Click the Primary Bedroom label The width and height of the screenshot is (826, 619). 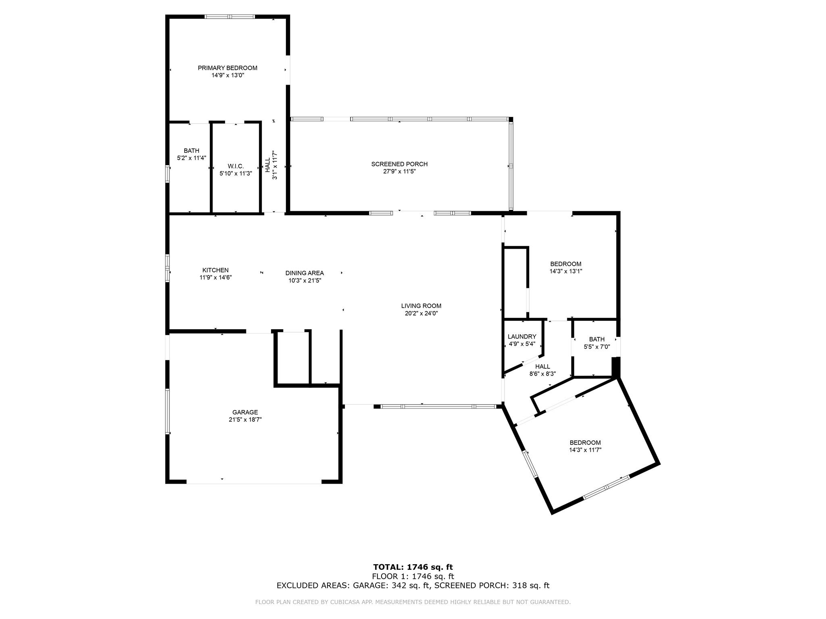[x=227, y=68]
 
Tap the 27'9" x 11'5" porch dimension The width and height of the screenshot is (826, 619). [x=399, y=171]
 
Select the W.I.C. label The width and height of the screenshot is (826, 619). [x=236, y=166]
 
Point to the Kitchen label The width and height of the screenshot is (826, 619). [x=215, y=270]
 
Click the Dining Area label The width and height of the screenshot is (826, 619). [x=305, y=273]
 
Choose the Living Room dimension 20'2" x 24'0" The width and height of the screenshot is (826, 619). [x=421, y=313]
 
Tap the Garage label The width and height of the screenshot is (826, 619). [x=245, y=412]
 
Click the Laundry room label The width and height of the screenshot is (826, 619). [x=522, y=337]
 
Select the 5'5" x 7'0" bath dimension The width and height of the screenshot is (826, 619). [x=597, y=347]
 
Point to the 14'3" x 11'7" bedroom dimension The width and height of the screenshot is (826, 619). [x=585, y=450]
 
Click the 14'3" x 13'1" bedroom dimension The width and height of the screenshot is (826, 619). [x=565, y=271]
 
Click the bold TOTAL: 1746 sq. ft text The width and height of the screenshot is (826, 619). [x=413, y=567]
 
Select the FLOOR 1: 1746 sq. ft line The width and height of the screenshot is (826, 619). [x=413, y=576]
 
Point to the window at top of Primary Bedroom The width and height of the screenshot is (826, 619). [x=230, y=17]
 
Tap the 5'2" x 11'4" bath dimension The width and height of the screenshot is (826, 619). [x=192, y=158]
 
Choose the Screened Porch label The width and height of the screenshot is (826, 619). [x=399, y=164]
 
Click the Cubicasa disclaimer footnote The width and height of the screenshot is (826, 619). [x=413, y=602]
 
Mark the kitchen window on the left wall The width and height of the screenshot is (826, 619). [x=167, y=267]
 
